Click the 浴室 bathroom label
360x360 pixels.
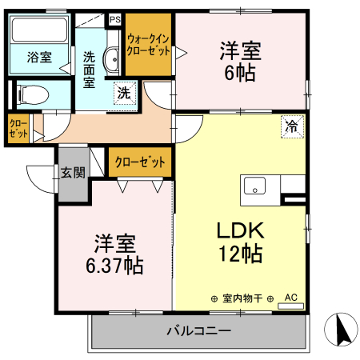tap(38, 58)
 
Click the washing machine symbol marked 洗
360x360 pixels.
tap(124, 92)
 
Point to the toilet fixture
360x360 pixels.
tap(32, 94)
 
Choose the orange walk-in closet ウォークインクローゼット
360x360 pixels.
tap(148, 45)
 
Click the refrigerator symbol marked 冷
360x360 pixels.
tap(293, 126)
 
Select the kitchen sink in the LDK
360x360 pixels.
tap(255, 186)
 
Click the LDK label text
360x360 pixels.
tap(240, 230)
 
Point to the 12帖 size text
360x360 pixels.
tap(240, 255)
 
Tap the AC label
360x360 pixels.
tap(290, 298)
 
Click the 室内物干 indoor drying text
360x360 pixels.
tap(242, 298)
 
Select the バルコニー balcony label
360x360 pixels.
tap(198, 330)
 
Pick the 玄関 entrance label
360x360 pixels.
tap(70, 172)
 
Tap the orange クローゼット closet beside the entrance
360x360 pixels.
tap(140, 162)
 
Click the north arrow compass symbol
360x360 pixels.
tap(339, 329)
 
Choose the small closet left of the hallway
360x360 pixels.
tap(18, 130)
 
